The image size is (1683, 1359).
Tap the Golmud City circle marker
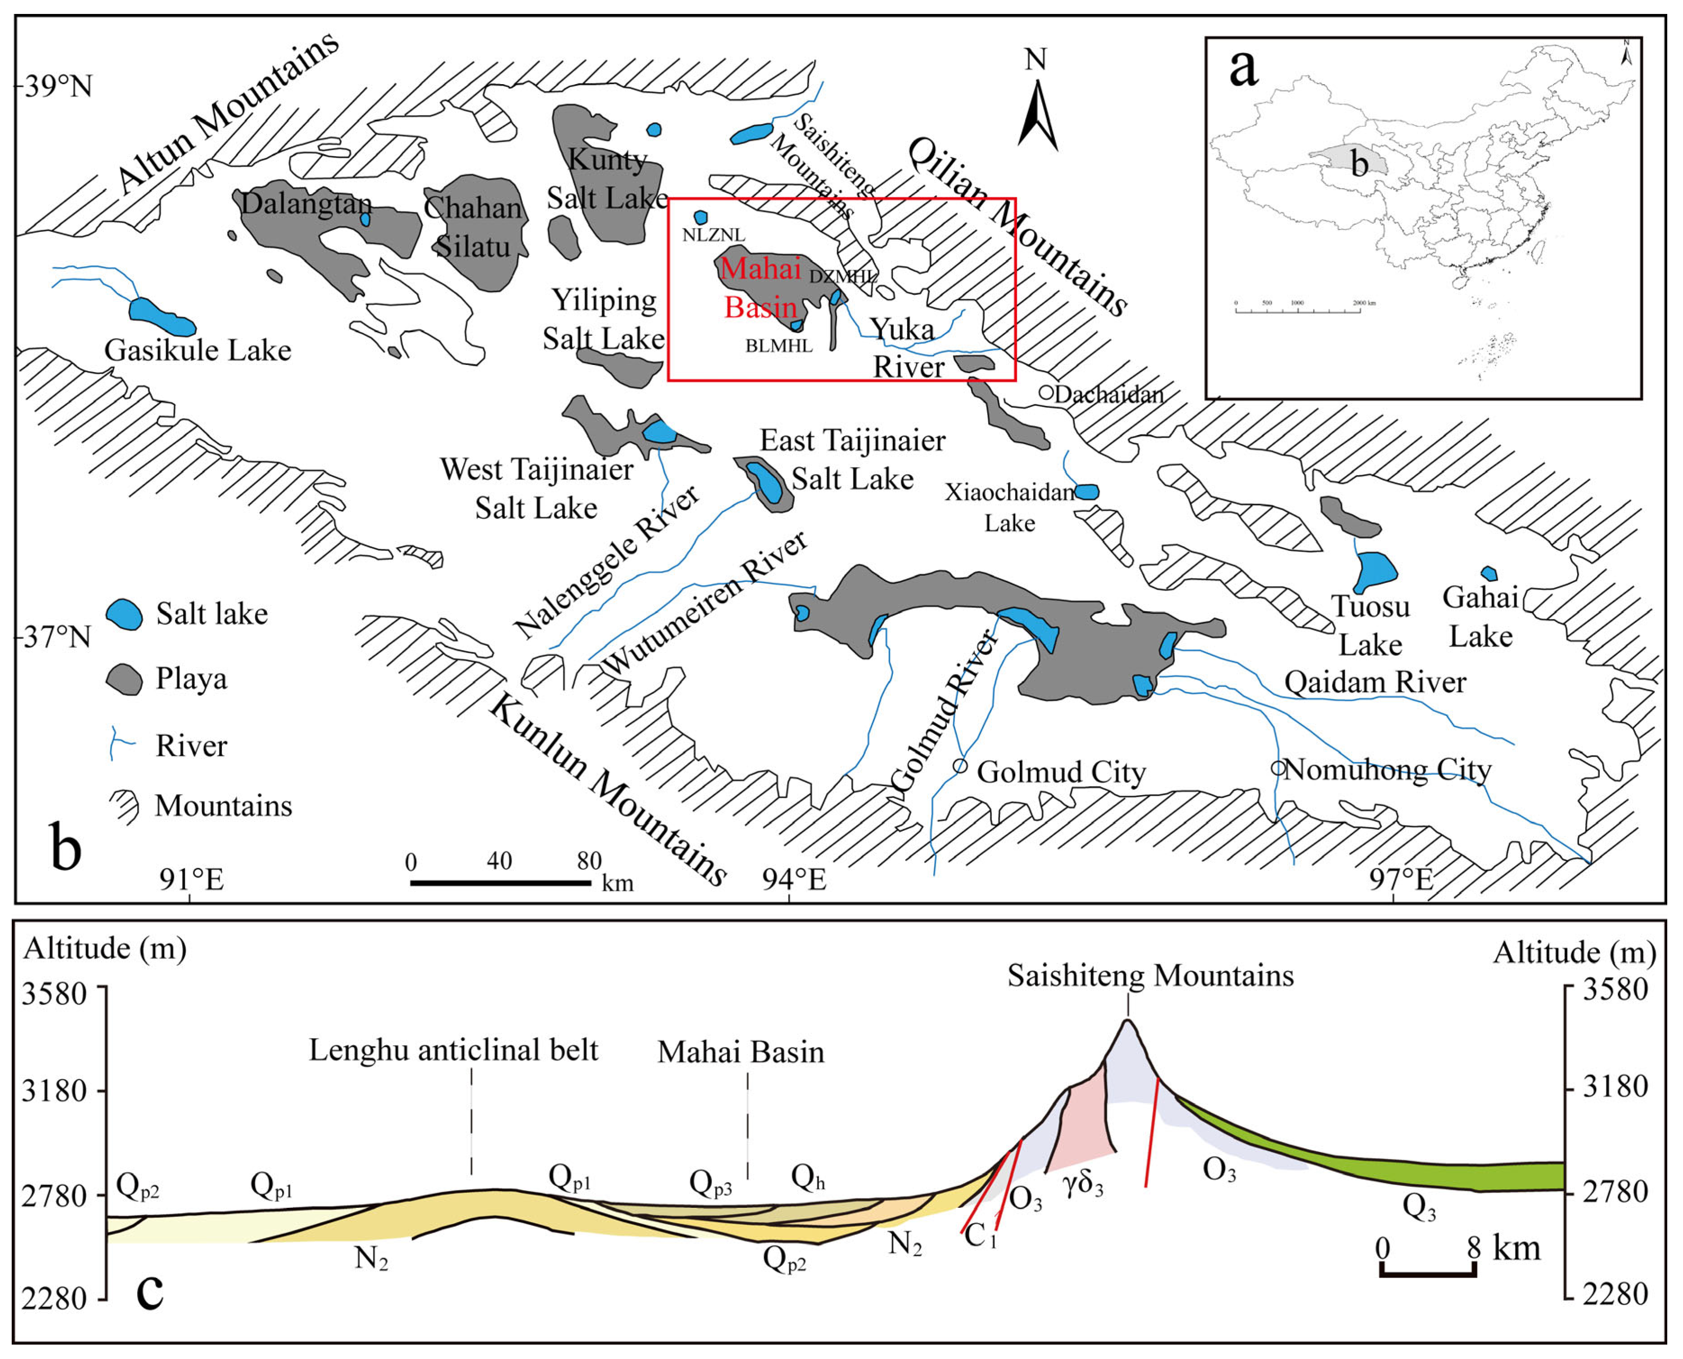pos(960,765)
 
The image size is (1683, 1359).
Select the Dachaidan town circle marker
pos(1047,393)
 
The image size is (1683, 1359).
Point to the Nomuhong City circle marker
pos(1278,769)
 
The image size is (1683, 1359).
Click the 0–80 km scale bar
pos(501,883)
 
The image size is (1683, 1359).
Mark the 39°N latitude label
pos(58,85)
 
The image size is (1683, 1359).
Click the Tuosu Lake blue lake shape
pos(1375,571)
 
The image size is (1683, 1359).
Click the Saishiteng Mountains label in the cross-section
pos(1150,976)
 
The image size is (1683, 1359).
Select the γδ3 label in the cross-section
pos(1084,1184)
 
